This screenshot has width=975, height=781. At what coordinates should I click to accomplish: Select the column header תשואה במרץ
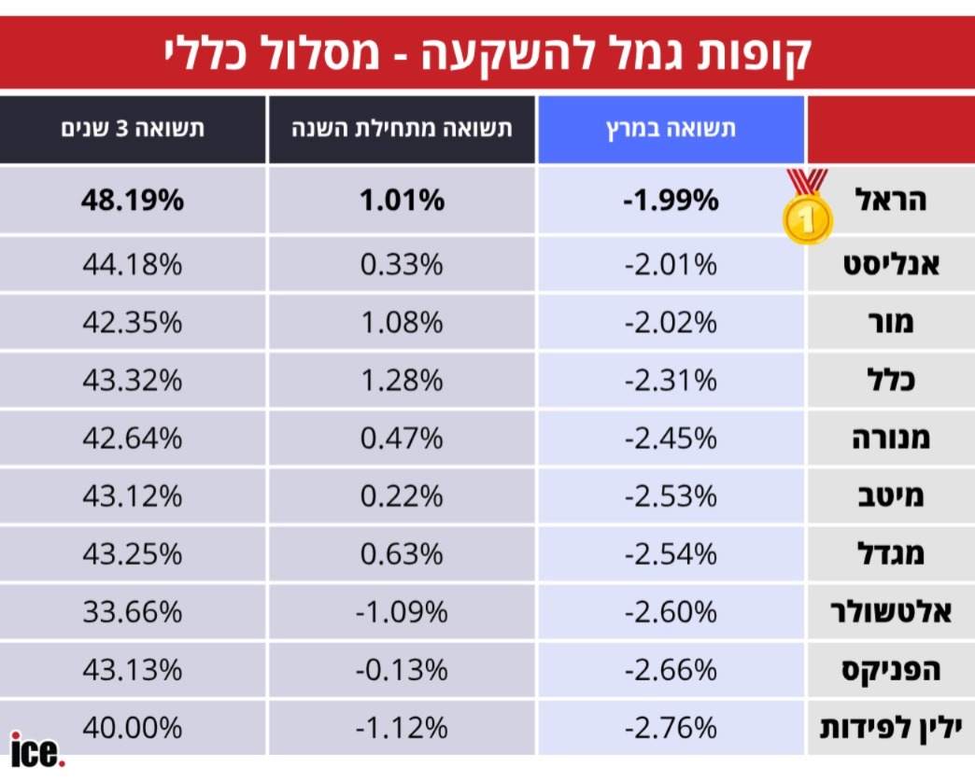pos(671,129)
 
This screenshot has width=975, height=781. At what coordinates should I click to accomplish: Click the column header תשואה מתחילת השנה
pos(403,129)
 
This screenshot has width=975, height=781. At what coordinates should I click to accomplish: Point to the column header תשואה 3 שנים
pos(133,129)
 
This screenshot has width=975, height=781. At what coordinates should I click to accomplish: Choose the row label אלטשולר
pos(891,612)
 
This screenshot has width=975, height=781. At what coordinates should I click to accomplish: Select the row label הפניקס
pos(886,670)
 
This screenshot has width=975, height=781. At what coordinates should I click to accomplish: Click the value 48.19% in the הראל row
pos(134,200)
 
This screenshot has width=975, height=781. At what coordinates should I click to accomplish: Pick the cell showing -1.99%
pos(671,200)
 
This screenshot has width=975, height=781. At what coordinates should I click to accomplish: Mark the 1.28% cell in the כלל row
pos(403,381)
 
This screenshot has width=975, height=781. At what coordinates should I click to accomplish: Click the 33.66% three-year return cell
pos(134,612)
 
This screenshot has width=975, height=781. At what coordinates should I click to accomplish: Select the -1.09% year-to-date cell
pos(403,612)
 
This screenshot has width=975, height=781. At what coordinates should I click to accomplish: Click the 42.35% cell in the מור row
pos(134,323)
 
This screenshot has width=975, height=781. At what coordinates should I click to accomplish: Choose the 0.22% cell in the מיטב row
pos(403,496)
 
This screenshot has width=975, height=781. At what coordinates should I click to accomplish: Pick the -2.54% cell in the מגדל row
pos(671,554)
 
